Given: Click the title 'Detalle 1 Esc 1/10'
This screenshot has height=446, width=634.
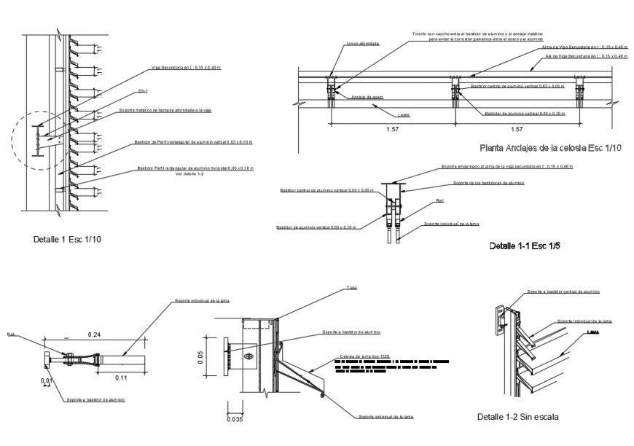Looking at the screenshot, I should (66, 239).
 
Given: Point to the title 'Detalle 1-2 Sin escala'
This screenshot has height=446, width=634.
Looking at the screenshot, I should (518, 417).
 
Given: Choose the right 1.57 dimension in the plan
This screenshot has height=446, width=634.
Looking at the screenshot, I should (515, 130).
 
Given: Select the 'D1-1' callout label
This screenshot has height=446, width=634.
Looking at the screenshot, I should (143, 91).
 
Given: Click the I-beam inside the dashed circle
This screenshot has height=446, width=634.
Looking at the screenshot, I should (42, 138).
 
